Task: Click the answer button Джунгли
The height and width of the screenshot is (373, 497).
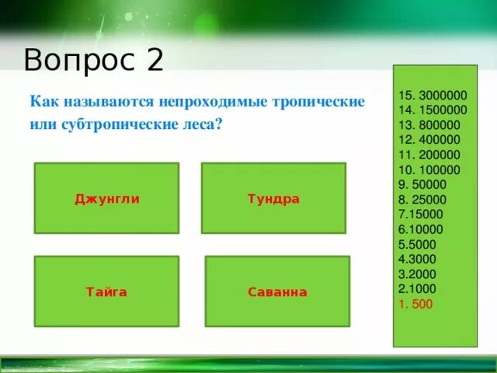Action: pyautogui.click(x=106, y=198)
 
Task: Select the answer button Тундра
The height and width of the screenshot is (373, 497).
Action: pyautogui.click(x=273, y=198)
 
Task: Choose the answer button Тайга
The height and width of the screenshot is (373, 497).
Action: pyautogui.click(x=106, y=292)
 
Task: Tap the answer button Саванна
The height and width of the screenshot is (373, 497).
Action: pyautogui.click(x=277, y=292)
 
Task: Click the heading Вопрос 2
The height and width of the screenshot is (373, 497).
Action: pyautogui.click(x=93, y=59)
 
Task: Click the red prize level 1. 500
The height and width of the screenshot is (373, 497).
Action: pyautogui.click(x=415, y=304)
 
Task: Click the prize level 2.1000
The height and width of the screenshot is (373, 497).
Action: pyautogui.click(x=418, y=289)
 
